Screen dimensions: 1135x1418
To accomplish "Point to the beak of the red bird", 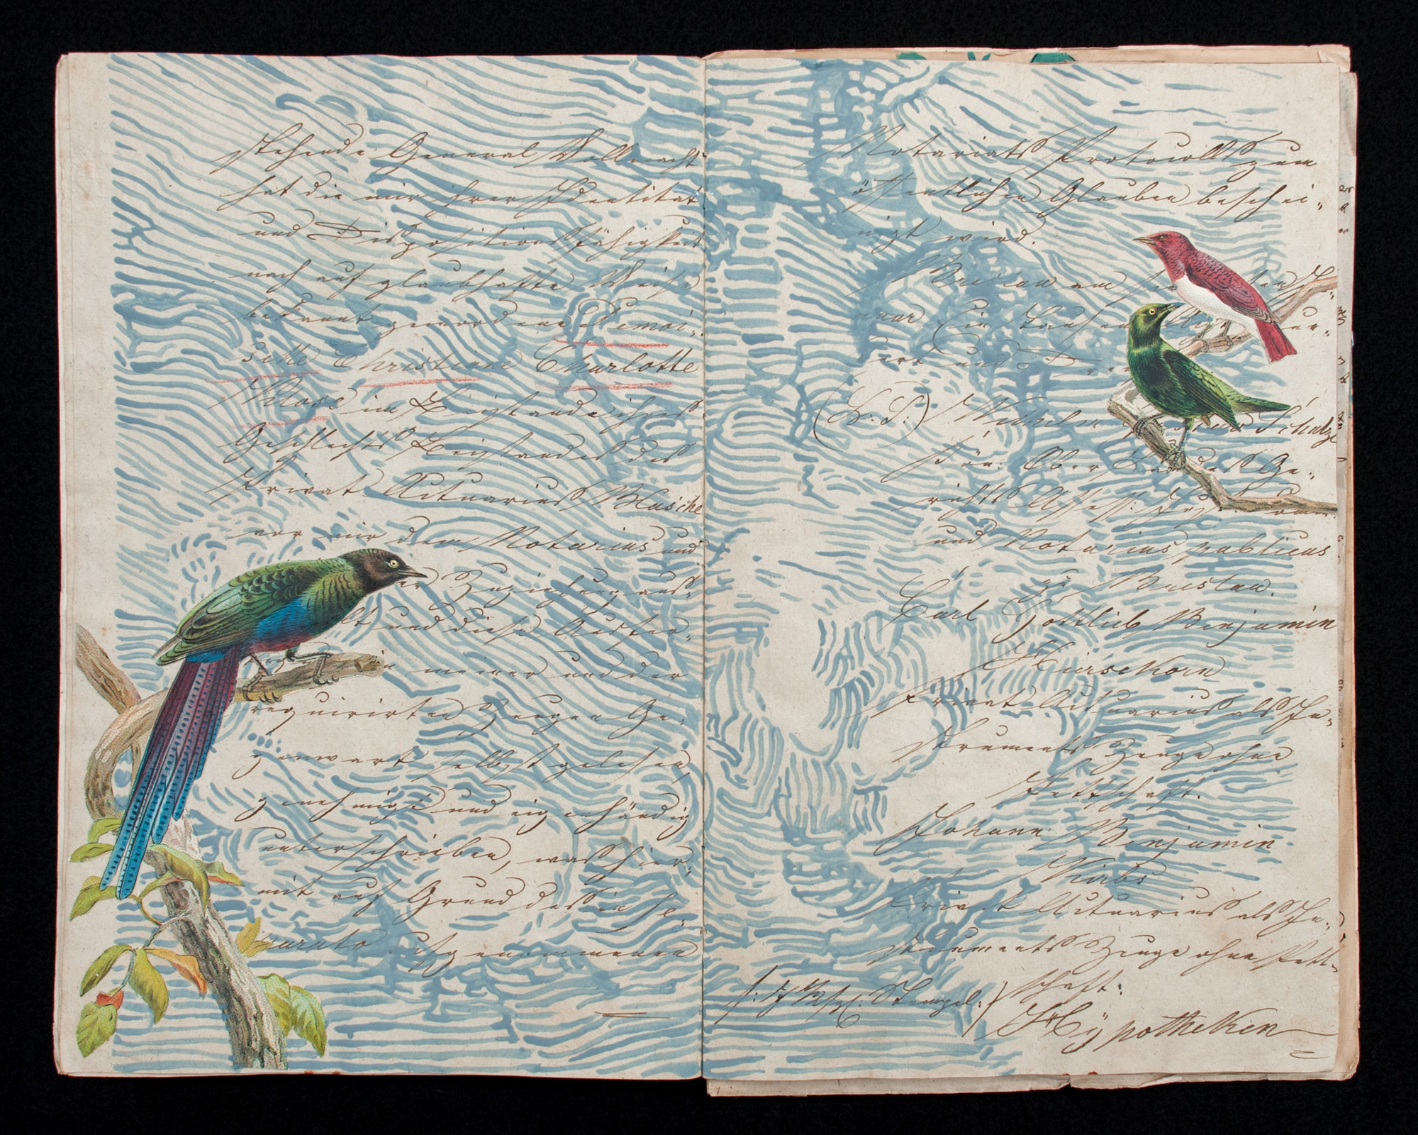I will pos(1140,239).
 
